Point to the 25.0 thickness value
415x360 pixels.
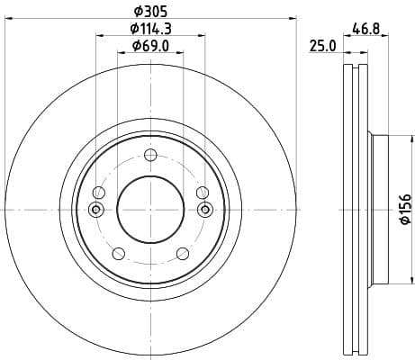coord(322,45)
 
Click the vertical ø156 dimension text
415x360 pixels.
coord(404,209)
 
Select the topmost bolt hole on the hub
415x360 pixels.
coord(149,154)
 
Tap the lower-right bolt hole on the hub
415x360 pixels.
coord(182,253)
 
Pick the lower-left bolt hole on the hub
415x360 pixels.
coord(117,253)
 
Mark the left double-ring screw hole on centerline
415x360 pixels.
coord(97,210)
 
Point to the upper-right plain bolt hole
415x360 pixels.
coord(202,192)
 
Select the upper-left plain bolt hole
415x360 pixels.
coord(97,192)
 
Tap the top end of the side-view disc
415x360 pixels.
coord(356,66)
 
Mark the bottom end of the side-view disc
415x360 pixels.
coord(356,353)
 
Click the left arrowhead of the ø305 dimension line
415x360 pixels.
coord(8,18)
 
